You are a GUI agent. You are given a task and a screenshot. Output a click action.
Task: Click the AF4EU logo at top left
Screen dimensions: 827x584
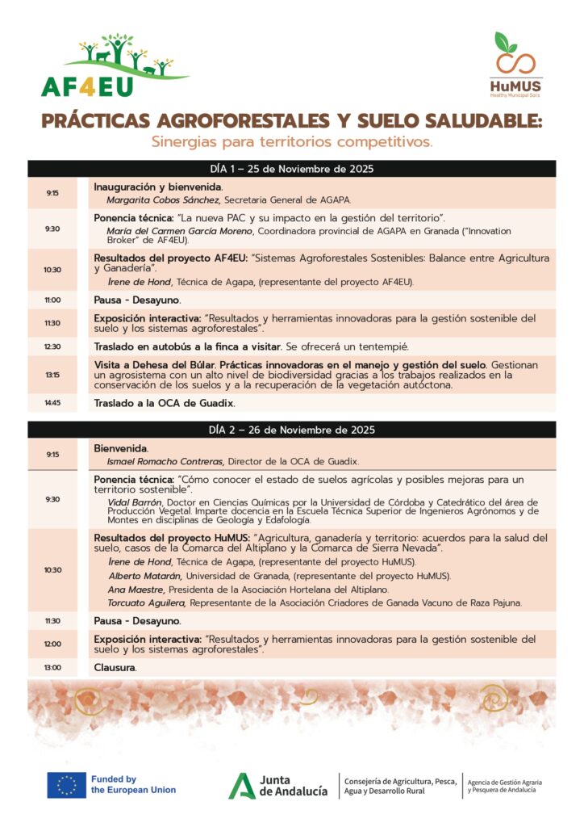(115, 65)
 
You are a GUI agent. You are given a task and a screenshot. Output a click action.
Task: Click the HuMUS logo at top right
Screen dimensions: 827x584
(515, 64)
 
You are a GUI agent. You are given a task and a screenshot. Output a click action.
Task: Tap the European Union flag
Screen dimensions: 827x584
(66, 784)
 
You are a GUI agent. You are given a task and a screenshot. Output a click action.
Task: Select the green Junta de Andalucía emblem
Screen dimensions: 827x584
(240, 785)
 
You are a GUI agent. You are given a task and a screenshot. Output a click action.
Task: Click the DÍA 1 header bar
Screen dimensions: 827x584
(291, 169)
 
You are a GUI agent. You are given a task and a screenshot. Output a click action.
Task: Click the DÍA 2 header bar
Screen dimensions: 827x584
(291, 430)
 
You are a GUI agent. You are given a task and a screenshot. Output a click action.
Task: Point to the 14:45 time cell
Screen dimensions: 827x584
(52, 402)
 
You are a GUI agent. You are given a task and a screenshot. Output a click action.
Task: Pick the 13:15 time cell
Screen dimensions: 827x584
(52, 374)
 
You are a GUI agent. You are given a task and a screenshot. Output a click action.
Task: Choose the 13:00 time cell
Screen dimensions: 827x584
(52, 668)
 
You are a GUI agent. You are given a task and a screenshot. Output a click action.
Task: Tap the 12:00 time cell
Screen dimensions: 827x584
(52, 644)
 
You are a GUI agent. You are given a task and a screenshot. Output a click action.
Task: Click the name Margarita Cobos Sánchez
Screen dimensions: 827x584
(164, 199)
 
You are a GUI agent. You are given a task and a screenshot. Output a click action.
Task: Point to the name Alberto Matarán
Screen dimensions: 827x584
(146, 576)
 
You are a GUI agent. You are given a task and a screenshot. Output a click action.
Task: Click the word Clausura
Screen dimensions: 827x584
(115, 668)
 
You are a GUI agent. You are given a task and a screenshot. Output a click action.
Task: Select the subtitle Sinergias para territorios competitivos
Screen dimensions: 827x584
(292, 142)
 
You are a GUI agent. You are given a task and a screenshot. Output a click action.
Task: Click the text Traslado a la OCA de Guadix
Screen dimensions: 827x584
(165, 402)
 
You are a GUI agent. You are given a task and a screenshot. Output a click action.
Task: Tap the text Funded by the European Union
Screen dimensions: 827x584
(132, 784)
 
